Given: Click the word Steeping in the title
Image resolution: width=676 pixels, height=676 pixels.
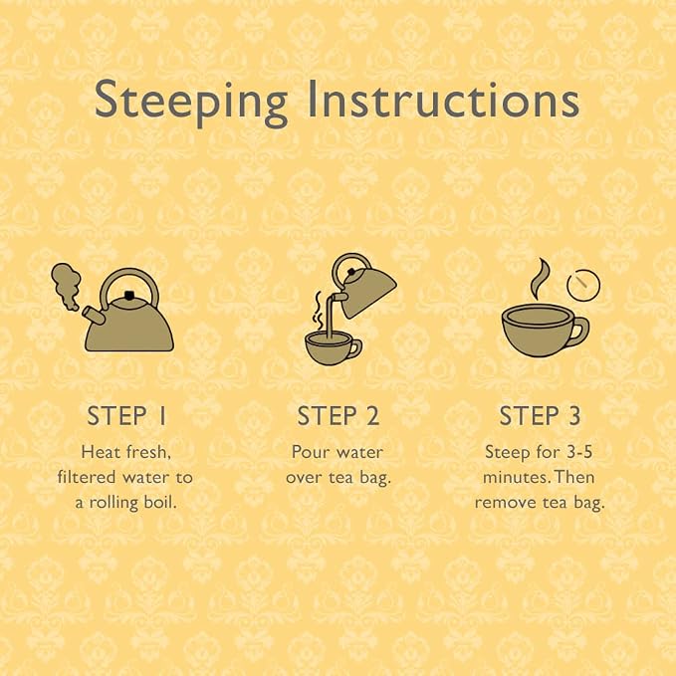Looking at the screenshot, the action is [191, 103].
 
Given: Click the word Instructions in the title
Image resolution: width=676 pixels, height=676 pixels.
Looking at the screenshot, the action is [443, 99].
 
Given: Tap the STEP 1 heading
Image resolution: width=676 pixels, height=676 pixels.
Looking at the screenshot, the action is [126, 416].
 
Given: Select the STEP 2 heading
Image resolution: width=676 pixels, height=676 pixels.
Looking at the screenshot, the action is [338, 416].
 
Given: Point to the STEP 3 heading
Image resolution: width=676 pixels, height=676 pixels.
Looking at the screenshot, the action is [540, 416].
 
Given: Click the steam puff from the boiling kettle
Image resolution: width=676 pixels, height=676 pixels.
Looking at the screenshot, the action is [66, 285].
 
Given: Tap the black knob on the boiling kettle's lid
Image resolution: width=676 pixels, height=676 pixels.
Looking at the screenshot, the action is [128, 295].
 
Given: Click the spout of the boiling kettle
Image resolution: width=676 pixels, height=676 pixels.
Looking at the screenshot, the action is [94, 316].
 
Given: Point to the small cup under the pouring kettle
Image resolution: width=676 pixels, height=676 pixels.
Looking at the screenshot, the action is [333, 347].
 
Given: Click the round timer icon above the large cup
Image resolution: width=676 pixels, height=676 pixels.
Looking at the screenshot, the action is [583, 285].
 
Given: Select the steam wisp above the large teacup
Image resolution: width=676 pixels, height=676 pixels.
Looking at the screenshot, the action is [539, 279].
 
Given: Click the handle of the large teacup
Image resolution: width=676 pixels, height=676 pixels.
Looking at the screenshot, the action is [580, 331].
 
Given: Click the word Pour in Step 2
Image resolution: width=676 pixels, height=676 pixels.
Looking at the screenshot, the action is [308, 452].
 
